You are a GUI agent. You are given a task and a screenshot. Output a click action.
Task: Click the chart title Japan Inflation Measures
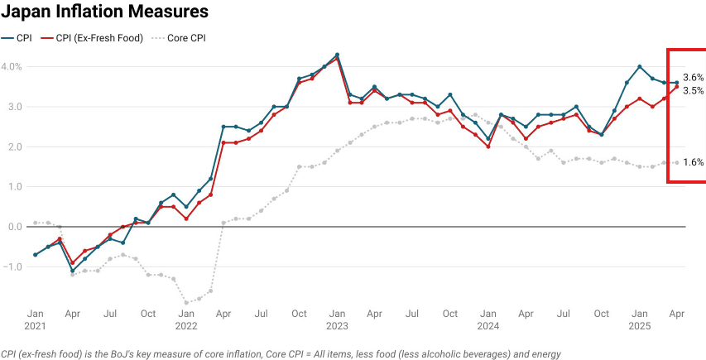tap(104, 13)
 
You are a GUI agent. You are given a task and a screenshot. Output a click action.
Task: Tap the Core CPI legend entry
tap(187, 38)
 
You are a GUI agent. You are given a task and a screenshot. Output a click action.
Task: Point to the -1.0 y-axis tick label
tap(13, 266)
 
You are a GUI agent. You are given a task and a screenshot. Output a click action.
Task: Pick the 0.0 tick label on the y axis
tap(13, 227)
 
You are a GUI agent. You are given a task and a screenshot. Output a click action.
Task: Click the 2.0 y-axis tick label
tap(13, 146)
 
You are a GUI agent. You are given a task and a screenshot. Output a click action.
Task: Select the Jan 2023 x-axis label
tap(337, 320)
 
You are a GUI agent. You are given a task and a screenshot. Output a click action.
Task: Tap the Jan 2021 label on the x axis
tap(35, 320)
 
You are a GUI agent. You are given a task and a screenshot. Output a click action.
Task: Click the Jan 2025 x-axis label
tap(640, 320)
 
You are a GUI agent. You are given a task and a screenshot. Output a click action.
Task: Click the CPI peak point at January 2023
tap(337, 55)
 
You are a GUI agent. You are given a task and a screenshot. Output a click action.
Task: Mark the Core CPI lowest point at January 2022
tap(186, 303)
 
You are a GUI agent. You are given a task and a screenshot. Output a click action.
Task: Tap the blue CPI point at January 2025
tap(640, 66)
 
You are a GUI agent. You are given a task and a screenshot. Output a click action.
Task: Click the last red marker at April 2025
tap(677, 87)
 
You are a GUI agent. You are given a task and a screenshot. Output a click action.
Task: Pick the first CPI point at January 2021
tap(35, 255)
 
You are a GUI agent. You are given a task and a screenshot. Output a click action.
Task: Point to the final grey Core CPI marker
tap(677, 162)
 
